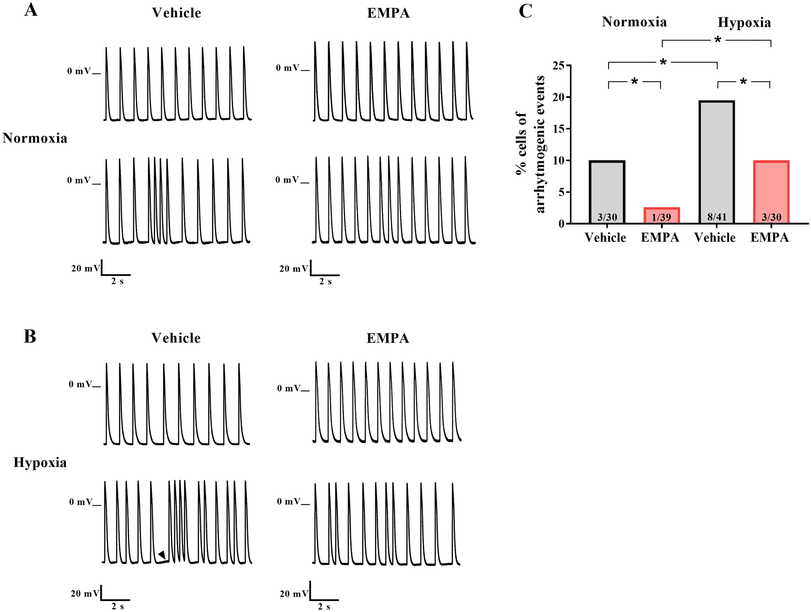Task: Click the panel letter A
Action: tap(31, 10)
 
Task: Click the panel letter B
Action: tap(30, 336)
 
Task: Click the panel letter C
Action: tap(525, 11)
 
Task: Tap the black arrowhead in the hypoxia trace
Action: tap(162, 555)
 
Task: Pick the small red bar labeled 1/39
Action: tap(661, 215)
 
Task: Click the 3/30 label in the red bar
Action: tap(771, 217)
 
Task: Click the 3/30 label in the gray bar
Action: tap(607, 217)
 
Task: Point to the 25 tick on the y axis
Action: tap(559, 65)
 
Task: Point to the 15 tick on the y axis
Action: tap(559, 129)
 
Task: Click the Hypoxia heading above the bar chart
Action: tap(744, 23)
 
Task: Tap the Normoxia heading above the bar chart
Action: tap(634, 22)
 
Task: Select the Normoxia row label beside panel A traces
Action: tap(35, 138)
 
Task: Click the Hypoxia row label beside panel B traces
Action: tap(40, 462)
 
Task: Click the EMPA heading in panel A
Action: tap(388, 13)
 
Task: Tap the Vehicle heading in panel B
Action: tap(176, 338)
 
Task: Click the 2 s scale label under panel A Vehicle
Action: tap(117, 282)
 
